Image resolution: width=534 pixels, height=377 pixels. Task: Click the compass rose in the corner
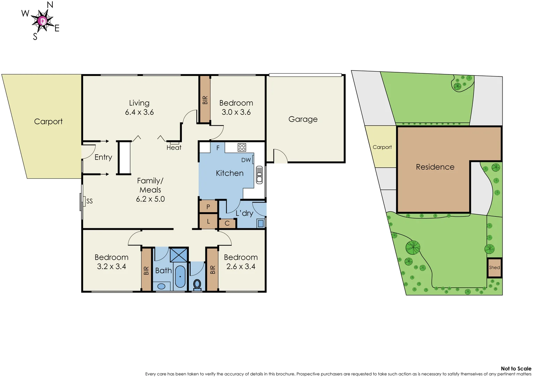click(x=42, y=21)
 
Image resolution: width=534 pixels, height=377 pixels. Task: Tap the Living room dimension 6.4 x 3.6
click(x=139, y=112)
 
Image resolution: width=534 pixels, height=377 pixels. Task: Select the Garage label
click(x=303, y=119)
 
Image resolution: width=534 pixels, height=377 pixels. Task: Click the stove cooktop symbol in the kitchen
click(x=242, y=147)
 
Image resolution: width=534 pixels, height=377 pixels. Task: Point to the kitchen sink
click(x=259, y=175)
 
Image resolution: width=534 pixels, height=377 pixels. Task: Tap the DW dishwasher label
click(x=246, y=160)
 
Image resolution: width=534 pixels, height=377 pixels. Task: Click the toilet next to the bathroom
click(x=197, y=284)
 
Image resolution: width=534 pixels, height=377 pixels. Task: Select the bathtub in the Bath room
click(x=180, y=276)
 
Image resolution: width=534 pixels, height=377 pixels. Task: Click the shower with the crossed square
click(x=179, y=255)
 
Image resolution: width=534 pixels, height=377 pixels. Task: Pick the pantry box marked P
click(x=208, y=207)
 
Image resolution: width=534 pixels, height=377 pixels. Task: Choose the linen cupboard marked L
click(x=208, y=222)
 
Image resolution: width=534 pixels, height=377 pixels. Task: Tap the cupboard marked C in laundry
click(x=227, y=223)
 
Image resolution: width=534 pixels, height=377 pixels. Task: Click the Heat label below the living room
click(x=174, y=148)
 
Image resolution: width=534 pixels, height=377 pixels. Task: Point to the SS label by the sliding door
click(x=89, y=201)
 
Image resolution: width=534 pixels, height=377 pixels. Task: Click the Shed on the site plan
click(x=494, y=268)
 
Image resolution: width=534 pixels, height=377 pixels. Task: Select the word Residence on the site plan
click(x=435, y=167)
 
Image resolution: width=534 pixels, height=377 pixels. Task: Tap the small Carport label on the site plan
click(x=382, y=147)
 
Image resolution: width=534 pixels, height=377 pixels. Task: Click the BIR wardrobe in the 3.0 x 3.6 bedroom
click(x=205, y=100)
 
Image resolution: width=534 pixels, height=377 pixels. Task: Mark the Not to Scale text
click(x=516, y=369)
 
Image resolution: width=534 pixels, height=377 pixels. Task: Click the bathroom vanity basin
click(x=161, y=286)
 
